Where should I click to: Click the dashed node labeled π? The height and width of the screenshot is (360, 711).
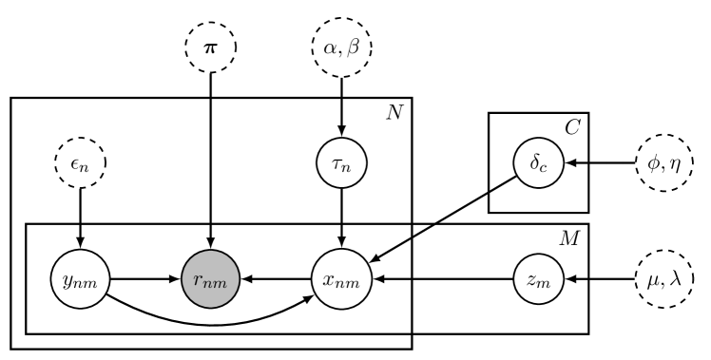click(x=210, y=46)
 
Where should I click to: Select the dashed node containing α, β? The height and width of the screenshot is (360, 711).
click(x=341, y=46)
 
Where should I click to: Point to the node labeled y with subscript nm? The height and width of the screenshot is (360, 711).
click(x=80, y=279)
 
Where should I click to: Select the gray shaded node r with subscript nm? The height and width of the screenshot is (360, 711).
click(x=210, y=279)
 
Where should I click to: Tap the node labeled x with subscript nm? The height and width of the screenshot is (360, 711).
click(x=341, y=279)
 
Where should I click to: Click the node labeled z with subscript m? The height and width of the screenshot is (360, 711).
click(x=538, y=279)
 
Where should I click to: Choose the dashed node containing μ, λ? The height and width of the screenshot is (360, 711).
click(x=663, y=279)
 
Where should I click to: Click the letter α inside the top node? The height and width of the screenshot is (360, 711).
click(x=330, y=46)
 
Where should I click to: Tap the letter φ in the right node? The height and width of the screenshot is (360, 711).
click(x=652, y=162)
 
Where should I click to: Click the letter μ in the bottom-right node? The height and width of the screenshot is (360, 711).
click(x=651, y=280)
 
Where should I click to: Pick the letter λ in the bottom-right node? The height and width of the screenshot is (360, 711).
click(x=675, y=278)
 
